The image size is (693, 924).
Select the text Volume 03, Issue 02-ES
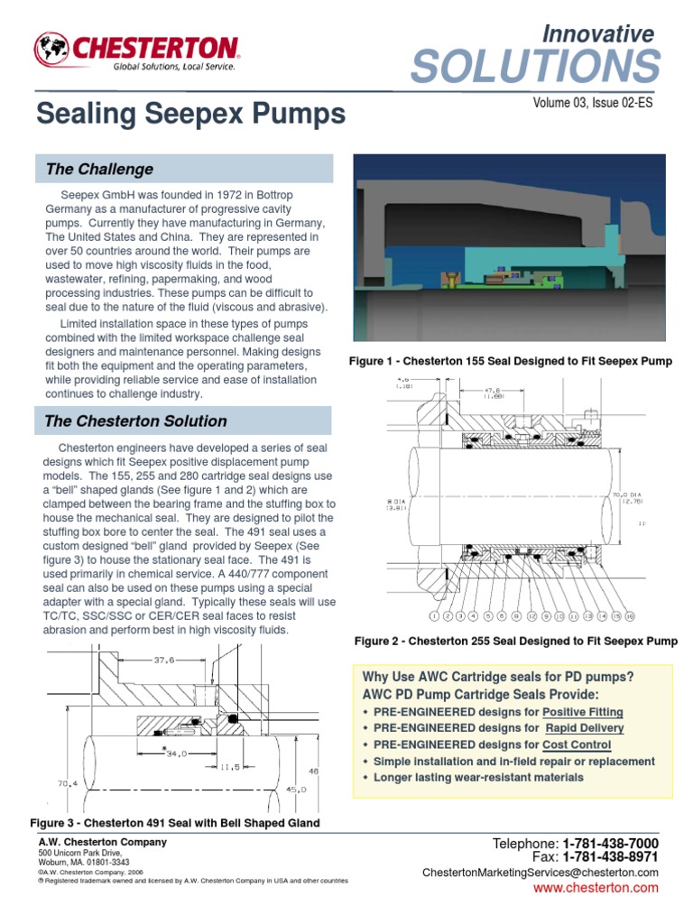(x=593, y=103)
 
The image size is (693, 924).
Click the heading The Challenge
(x=99, y=170)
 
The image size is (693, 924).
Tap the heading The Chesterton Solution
(x=135, y=421)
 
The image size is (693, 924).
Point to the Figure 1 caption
(x=510, y=362)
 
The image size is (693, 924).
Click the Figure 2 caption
(x=515, y=642)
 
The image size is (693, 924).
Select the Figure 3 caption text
(x=175, y=823)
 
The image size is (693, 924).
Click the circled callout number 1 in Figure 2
(x=434, y=616)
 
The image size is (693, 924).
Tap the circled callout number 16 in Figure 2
(x=629, y=616)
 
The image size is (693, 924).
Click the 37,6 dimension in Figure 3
(x=163, y=661)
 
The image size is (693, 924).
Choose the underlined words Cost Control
(x=577, y=745)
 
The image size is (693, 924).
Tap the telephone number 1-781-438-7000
(x=610, y=843)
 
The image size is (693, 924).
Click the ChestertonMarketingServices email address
(x=540, y=873)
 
